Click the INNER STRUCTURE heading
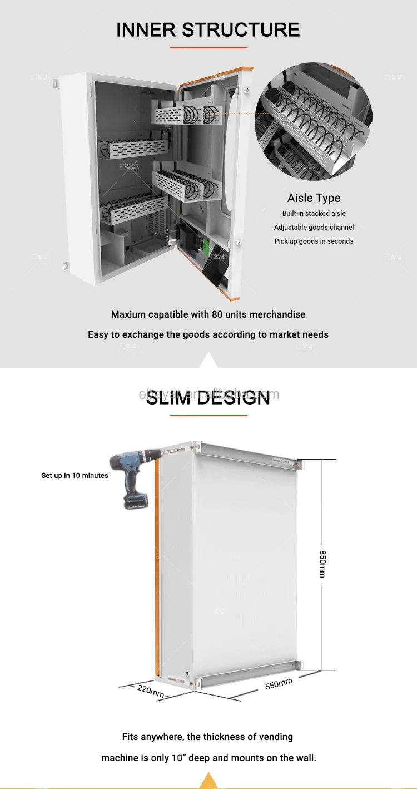click(x=208, y=29)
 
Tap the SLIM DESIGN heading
click(x=208, y=397)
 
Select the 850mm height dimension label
click(x=322, y=564)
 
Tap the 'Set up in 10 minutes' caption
click(x=75, y=476)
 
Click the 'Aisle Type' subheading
click(x=314, y=198)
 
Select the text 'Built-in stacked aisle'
click(x=314, y=214)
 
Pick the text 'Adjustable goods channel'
click(x=314, y=228)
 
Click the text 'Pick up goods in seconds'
click(x=314, y=241)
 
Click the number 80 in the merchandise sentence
click(x=217, y=314)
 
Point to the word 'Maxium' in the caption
click(x=128, y=314)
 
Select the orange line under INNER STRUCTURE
click(x=208, y=48)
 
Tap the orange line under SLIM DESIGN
click(x=208, y=416)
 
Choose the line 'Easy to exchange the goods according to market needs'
click(x=208, y=334)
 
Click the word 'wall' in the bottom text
click(x=304, y=758)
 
